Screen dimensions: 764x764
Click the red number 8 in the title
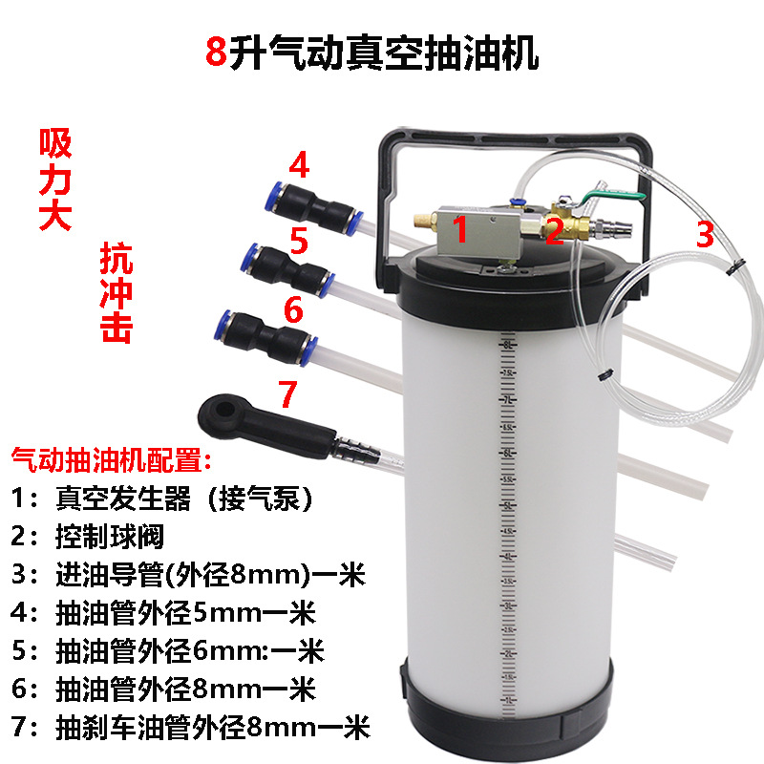pos(217,52)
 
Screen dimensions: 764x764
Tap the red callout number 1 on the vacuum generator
pos(459,229)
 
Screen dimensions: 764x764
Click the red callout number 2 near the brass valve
pos(554,231)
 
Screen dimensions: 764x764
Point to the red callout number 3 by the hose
pos(704,233)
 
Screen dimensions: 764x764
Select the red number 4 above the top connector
pos(300,166)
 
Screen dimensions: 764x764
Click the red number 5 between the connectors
pos(299,242)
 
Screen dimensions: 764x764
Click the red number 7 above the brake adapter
pos(287,393)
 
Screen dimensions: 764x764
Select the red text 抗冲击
pos(116,291)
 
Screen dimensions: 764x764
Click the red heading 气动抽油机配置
pos(111,462)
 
